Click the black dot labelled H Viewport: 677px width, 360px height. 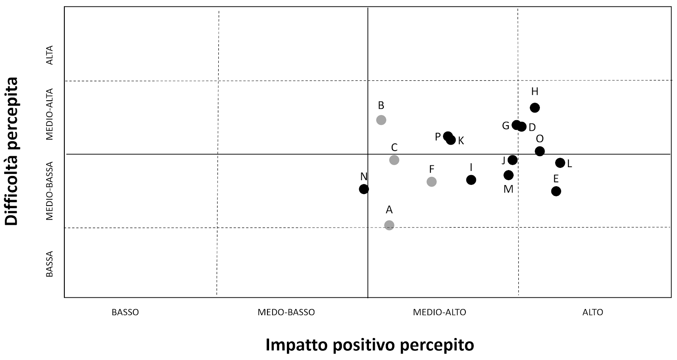535,107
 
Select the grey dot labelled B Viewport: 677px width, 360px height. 381,120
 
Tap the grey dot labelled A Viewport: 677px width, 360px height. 389,225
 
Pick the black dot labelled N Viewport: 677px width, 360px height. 363,189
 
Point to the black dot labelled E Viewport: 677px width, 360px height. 556,191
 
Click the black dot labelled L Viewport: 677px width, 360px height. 560,163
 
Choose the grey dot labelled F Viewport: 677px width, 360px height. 432,181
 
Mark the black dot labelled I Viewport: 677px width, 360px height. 471,180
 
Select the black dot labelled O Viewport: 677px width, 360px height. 539,151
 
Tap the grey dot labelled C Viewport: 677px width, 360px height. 394,160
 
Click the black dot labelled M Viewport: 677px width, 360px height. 509,175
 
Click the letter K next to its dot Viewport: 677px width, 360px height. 461,141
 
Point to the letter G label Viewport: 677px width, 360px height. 506,126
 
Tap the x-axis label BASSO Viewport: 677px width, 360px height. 125,313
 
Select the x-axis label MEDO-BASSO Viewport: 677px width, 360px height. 286,313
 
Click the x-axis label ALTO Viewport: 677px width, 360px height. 592,313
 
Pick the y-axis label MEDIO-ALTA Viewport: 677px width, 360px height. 50,114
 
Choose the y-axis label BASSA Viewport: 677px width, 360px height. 50,264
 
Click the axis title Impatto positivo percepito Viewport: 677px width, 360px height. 369,345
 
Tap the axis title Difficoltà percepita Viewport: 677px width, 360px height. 12,151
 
